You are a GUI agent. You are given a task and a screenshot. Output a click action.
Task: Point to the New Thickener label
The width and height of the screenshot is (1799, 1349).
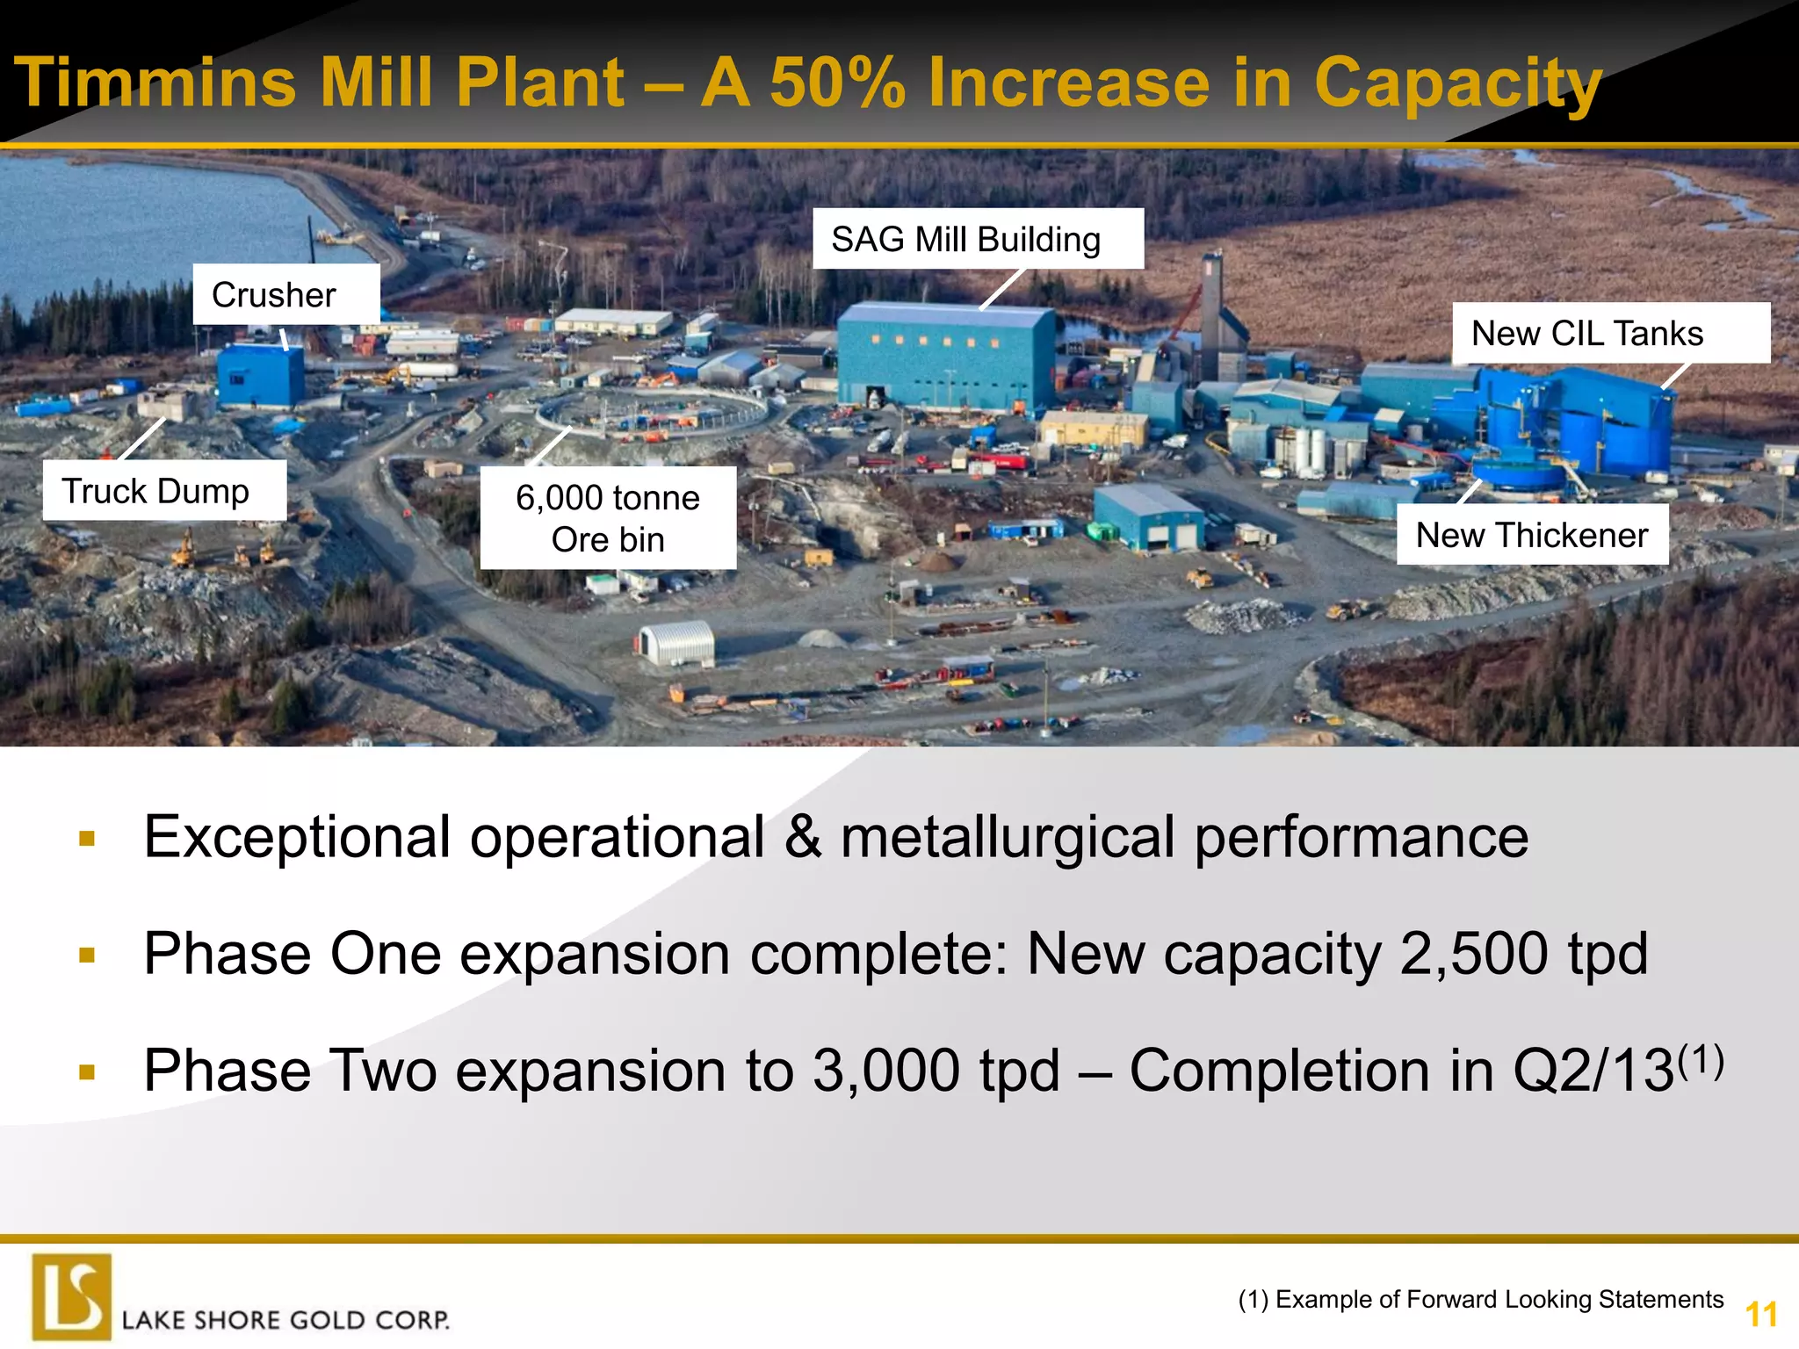click(1532, 534)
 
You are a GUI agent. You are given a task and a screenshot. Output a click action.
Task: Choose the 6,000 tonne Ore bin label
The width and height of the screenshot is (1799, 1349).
click(608, 518)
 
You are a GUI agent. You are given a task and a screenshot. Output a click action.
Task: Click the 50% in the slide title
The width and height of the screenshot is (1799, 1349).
click(838, 83)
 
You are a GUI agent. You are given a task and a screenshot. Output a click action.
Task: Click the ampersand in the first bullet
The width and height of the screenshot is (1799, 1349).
click(802, 837)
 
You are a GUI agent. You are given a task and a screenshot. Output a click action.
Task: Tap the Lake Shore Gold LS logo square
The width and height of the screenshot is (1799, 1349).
click(72, 1296)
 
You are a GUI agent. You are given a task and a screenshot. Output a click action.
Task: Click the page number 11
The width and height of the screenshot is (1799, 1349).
click(1760, 1315)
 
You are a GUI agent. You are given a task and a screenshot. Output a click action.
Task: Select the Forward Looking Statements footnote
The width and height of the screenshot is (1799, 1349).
click(1481, 1299)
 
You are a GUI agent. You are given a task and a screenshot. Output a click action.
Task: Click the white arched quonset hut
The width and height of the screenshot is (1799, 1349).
click(677, 643)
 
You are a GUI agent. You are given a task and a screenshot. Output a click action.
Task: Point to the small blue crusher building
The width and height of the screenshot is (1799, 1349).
click(260, 376)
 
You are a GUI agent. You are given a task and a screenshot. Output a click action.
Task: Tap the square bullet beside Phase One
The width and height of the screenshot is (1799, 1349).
click(86, 955)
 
